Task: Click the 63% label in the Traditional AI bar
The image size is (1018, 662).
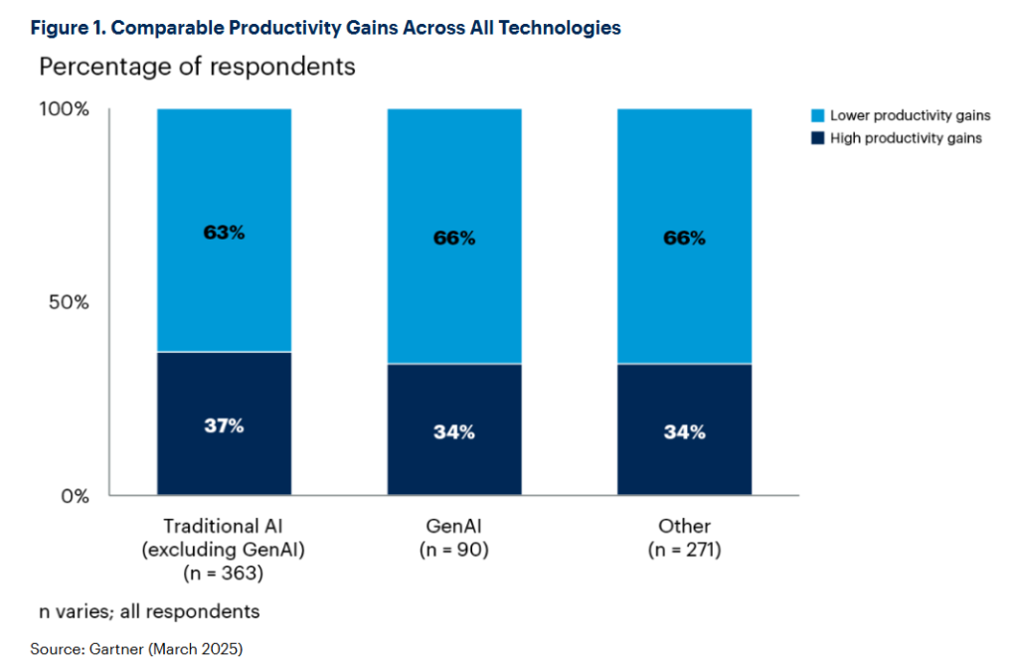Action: [224, 233]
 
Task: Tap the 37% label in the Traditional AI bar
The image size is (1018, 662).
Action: [224, 426]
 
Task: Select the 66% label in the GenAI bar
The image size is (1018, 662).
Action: [454, 238]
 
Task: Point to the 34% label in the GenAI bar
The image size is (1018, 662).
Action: [454, 432]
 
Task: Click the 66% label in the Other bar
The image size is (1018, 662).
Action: [684, 238]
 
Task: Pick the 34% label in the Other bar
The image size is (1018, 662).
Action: [684, 432]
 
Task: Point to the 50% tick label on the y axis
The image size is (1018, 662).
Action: [70, 302]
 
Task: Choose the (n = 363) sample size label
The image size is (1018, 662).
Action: [224, 574]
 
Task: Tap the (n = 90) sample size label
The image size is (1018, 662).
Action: [454, 549]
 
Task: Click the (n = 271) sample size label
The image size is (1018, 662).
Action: [684, 549]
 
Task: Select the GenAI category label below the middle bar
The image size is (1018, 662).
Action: [454, 525]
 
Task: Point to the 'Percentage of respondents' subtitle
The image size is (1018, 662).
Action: [196, 69]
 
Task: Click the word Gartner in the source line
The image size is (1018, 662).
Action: [117, 649]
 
